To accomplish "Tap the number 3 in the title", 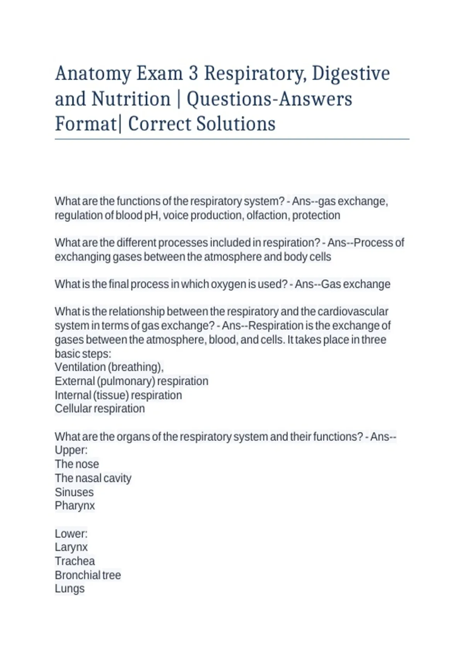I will click(193, 73).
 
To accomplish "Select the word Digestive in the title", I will click(351, 74).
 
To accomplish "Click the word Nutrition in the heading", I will click(131, 99).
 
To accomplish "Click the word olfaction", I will click(267, 215).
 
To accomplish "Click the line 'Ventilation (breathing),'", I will click(109, 367).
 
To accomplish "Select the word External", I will click(75, 381).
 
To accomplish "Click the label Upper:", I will click(71, 450).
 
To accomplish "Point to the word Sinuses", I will click(74, 492).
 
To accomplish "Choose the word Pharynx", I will click(75, 506).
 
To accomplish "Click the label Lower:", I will click(71, 534).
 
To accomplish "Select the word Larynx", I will click(71, 547).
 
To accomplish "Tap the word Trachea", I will click(75, 561).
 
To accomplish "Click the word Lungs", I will click(70, 589).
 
